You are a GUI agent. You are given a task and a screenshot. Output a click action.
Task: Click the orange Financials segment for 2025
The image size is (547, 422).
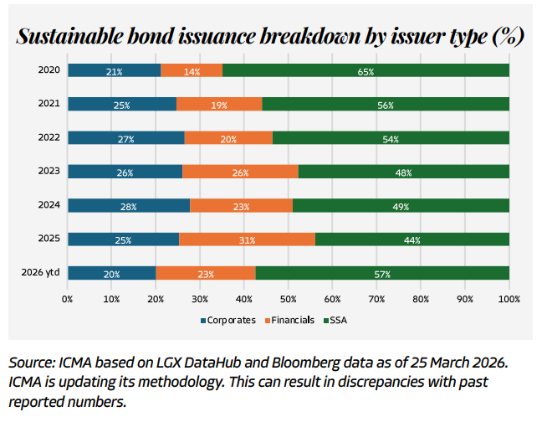(247, 239)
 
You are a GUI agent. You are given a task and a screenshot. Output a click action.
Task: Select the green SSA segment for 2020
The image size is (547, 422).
(366, 71)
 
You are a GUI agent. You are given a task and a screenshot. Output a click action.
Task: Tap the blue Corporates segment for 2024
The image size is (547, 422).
(129, 205)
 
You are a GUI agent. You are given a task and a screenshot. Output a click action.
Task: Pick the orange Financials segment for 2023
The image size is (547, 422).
(240, 172)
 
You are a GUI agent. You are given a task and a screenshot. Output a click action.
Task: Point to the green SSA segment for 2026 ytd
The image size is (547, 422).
(382, 273)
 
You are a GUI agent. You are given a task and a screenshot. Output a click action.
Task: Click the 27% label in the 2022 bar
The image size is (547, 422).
(125, 138)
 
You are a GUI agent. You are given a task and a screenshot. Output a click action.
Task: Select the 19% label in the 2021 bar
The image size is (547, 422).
(219, 105)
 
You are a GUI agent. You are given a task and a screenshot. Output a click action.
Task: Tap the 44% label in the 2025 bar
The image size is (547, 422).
(412, 239)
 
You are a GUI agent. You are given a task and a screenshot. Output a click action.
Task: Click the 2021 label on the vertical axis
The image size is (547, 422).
(49, 104)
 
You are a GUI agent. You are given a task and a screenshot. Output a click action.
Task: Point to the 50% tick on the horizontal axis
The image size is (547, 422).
(289, 298)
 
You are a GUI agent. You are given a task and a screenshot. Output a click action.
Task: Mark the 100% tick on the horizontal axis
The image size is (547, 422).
(509, 298)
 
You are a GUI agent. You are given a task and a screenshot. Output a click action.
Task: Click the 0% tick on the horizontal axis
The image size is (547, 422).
(68, 298)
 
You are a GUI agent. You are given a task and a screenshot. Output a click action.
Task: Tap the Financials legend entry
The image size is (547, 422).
(289, 319)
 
